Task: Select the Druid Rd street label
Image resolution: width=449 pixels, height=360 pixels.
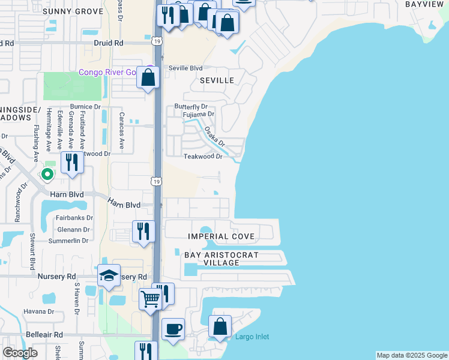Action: [x=108, y=43]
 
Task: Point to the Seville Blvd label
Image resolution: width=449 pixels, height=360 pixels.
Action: [x=185, y=68]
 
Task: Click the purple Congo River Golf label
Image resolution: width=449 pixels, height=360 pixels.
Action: [x=111, y=73]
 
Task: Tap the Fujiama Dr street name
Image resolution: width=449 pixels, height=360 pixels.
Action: [x=199, y=114]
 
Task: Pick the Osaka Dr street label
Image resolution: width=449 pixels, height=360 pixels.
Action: [x=214, y=136]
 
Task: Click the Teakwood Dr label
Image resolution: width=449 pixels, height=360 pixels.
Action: [x=203, y=157]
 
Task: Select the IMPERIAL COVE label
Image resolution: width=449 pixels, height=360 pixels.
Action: [x=221, y=236]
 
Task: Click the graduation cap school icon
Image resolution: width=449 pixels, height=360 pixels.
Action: [x=109, y=275]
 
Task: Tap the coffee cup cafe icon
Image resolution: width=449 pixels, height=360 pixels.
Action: [x=173, y=328]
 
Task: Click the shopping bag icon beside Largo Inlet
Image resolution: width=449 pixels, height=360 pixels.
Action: [x=220, y=326]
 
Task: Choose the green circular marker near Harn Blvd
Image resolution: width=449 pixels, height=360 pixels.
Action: [x=47, y=175]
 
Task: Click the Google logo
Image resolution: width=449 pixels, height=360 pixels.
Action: [x=20, y=353]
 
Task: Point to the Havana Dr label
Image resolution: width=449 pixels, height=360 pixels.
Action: [x=39, y=311]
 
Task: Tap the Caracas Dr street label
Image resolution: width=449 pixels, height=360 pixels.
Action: [x=122, y=130]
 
